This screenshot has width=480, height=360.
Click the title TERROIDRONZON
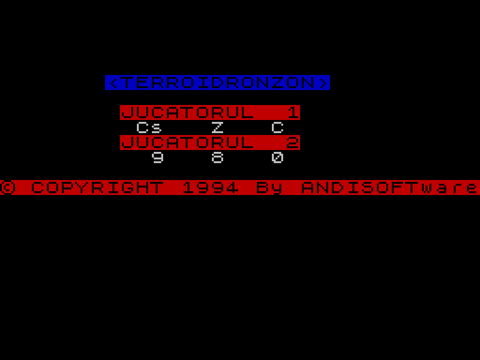coord(217,82)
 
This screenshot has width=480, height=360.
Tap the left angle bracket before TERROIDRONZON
coord(112,82)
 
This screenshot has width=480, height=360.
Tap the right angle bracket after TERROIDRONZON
coord(322,82)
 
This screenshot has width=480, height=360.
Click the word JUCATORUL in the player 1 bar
coord(187,112)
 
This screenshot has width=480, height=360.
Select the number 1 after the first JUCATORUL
coord(292,112)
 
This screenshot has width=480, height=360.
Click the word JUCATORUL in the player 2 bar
coord(187,142)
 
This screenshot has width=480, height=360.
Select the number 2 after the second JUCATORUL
coord(292,142)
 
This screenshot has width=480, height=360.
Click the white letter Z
coord(217,127)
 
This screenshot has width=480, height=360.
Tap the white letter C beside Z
coord(277,127)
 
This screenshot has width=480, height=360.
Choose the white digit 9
coord(157,157)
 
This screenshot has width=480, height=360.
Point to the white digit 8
coord(217,157)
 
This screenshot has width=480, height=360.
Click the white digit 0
coord(277,157)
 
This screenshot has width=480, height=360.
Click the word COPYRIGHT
coord(97,187)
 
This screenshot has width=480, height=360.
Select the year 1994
coord(210,187)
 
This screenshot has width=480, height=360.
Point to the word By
coord(270,187)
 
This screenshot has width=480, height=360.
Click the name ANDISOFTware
coord(390,187)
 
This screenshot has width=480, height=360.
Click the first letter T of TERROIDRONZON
coord(127,82)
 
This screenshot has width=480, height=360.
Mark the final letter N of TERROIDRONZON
coord(307,82)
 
